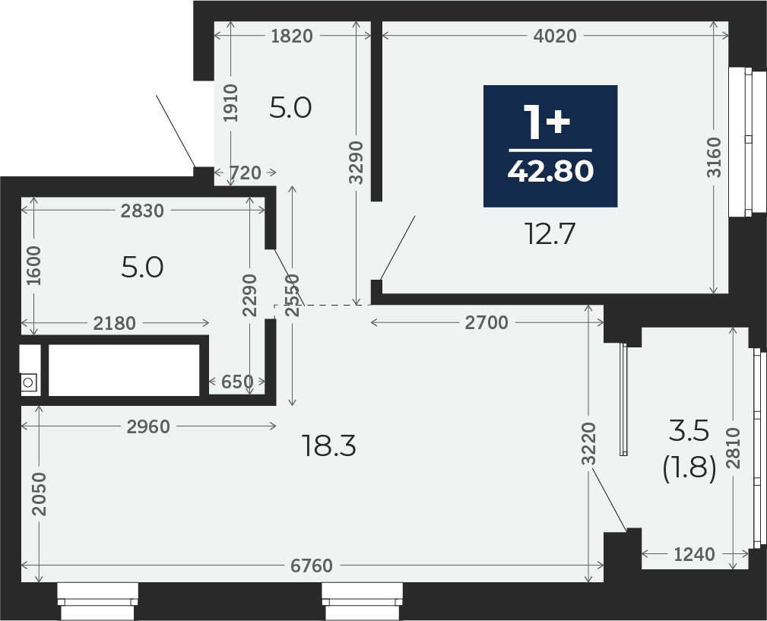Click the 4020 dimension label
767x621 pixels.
pyautogui.click(x=555, y=36)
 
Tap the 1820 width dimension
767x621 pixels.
pyautogui.click(x=292, y=36)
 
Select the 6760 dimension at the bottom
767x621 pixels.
pyautogui.click(x=312, y=566)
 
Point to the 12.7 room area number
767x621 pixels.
pyautogui.click(x=550, y=233)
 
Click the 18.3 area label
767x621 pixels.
pyautogui.click(x=329, y=446)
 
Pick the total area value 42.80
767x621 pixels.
pyautogui.click(x=551, y=171)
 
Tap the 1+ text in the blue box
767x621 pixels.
pyautogui.click(x=547, y=122)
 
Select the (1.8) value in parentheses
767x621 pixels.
pyautogui.click(x=689, y=468)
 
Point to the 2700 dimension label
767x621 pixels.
pyautogui.click(x=487, y=323)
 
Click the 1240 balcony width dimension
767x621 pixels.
pyautogui.click(x=694, y=554)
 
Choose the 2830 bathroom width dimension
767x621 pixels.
pyautogui.click(x=142, y=211)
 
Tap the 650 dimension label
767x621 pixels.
pyautogui.click(x=237, y=382)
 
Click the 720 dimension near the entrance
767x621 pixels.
pyautogui.click(x=246, y=173)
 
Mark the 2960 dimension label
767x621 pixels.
pyautogui.click(x=148, y=427)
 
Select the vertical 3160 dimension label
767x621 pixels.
pyautogui.click(x=715, y=157)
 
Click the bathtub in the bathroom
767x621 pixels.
pyautogui.click(x=124, y=370)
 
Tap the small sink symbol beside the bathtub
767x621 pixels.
pyautogui.click(x=28, y=382)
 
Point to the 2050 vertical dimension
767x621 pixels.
pyautogui.click(x=39, y=494)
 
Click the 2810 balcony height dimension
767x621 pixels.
pyautogui.click(x=734, y=448)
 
